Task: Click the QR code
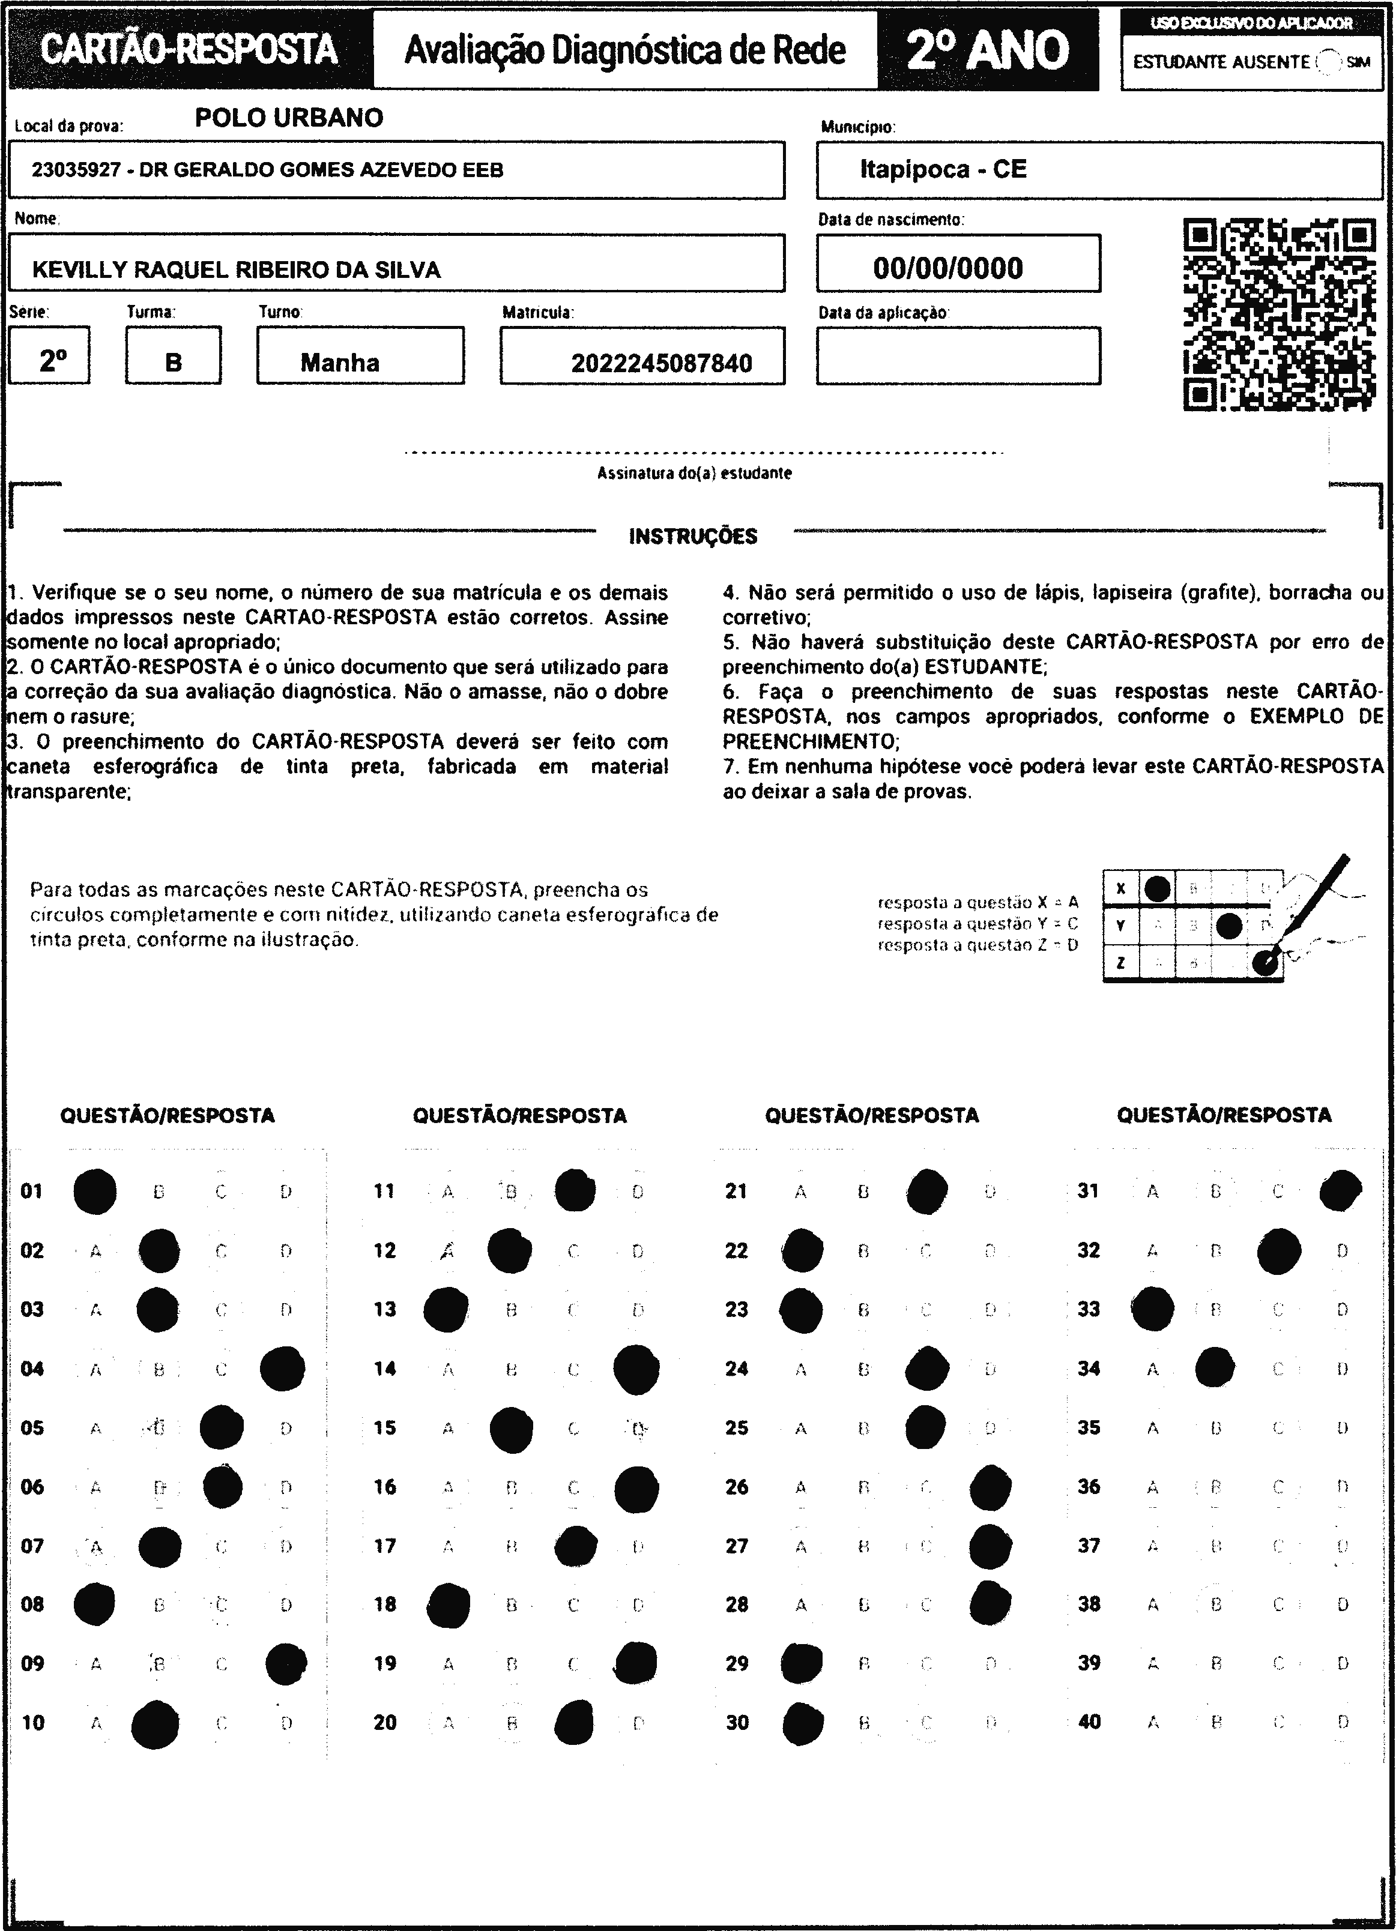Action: [x=1280, y=315]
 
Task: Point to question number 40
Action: [x=1089, y=1722]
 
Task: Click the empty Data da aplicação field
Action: [x=958, y=357]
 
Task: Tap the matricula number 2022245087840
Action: [x=662, y=364]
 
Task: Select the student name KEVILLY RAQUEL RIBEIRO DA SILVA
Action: [x=236, y=270]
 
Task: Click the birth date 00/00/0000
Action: [x=948, y=268]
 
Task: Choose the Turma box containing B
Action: [x=173, y=357]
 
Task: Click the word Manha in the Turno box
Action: [x=340, y=363]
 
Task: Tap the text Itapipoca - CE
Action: [x=943, y=169]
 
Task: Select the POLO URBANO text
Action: [x=289, y=118]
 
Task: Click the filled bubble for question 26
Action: [x=991, y=1487]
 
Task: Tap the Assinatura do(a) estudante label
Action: [x=694, y=474]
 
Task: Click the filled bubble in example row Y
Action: [x=1228, y=926]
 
